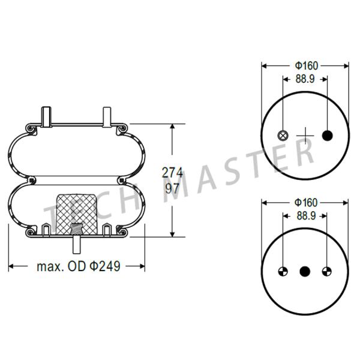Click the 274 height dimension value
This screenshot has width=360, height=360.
[x=172, y=172]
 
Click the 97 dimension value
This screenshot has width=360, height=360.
[x=172, y=187]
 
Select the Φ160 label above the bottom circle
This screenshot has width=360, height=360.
[x=305, y=203]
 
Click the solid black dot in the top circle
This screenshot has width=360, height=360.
[x=327, y=135]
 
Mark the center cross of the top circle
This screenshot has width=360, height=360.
[x=305, y=135]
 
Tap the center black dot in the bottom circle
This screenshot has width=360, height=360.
[x=305, y=271]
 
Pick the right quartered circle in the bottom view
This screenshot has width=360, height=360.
[x=327, y=271]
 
